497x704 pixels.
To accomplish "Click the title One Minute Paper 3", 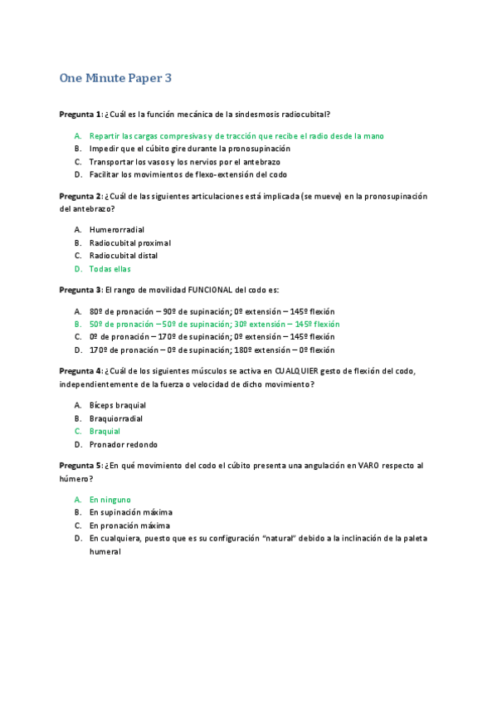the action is click(x=115, y=78).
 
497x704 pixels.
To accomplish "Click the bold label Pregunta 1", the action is click(x=80, y=114).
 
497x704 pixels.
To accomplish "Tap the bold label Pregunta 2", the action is click(x=80, y=196).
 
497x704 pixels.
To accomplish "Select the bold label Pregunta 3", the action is click(x=80, y=290).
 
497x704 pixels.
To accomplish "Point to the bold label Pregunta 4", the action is click(x=80, y=371).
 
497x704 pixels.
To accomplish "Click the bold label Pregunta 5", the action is click(x=80, y=466).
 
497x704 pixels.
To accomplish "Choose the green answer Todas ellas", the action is click(x=110, y=269).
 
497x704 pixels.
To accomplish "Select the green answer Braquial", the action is click(x=105, y=432).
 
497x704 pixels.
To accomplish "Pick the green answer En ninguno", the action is click(x=110, y=500).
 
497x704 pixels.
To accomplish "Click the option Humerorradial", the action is click(x=117, y=229).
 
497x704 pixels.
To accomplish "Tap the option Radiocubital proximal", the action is click(x=129, y=242).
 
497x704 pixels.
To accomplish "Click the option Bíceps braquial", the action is click(x=117, y=405).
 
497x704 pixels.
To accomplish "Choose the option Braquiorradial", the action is click(x=115, y=418).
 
